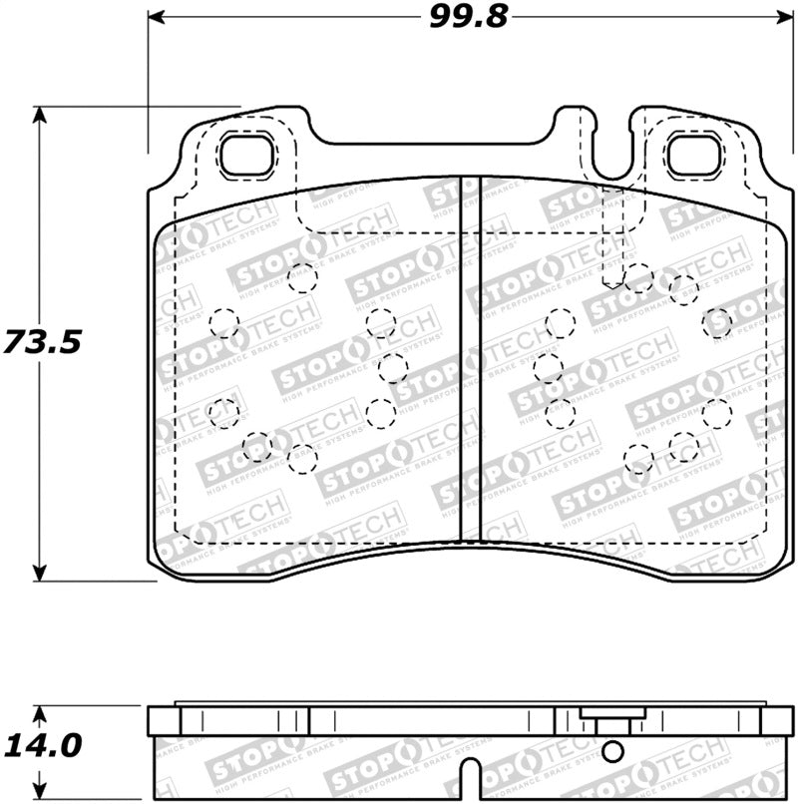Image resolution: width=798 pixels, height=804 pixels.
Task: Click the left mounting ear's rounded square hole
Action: pos(245,154)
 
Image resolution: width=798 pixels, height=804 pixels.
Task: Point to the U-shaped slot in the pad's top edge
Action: pos(607,150)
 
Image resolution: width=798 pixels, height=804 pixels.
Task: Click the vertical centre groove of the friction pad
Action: pos(470,359)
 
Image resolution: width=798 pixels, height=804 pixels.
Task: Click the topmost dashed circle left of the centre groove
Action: pos(301,277)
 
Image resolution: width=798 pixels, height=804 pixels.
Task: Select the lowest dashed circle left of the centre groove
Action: pos(301,458)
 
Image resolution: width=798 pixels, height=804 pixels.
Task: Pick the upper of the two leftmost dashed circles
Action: pos(224,322)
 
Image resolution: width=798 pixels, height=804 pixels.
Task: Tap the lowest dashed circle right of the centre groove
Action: pos(638,460)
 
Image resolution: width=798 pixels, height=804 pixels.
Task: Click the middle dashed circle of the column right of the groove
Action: pos(548,368)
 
